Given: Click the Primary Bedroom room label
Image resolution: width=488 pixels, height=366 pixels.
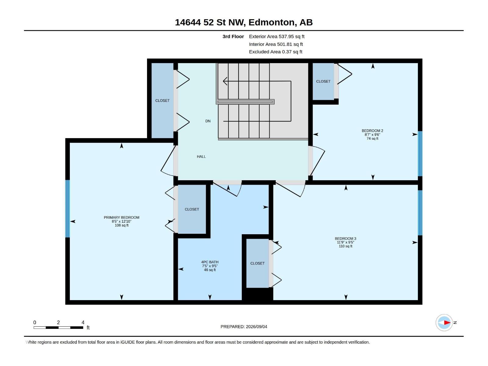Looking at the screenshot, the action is click(x=121, y=217).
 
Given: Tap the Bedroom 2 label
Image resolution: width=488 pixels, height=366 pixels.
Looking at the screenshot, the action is click(x=372, y=131).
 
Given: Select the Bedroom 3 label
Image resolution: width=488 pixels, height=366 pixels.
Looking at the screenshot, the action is click(x=345, y=239).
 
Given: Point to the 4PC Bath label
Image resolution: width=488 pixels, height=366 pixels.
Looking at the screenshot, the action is click(x=210, y=262).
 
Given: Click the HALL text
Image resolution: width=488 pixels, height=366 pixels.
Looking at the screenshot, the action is click(x=201, y=157).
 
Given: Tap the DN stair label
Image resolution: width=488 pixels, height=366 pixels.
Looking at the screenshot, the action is click(x=208, y=121).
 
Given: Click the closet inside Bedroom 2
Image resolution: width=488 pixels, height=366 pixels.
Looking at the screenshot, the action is click(x=323, y=81).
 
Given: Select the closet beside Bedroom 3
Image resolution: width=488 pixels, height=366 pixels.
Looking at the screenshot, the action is click(x=257, y=263).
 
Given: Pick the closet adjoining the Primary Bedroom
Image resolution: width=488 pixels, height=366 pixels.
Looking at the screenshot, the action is click(x=192, y=209).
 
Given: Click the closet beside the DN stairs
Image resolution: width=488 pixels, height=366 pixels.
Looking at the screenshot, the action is click(x=162, y=100).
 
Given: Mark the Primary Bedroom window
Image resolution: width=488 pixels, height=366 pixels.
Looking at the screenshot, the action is click(x=67, y=209).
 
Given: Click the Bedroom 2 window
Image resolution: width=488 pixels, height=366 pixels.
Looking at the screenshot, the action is click(x=420, y=153).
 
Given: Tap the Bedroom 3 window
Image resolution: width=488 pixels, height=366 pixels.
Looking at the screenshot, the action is click(x=420, y=213).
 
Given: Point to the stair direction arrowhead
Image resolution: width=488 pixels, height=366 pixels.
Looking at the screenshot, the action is click(x=225, y=81).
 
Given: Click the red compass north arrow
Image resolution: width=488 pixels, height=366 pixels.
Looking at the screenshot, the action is click(x=447, y=322).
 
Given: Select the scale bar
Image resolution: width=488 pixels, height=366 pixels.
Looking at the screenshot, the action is click(x=58, y=328).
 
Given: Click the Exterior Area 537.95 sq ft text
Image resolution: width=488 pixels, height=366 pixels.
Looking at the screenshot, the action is click(x=277, y=36).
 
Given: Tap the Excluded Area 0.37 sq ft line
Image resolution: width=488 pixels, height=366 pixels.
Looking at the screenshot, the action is click(x=275, y=52).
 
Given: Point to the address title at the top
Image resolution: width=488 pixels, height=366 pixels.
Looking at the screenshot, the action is click(x=244, y=22).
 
